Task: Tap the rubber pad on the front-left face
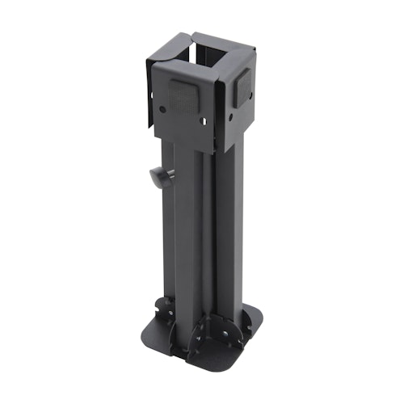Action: coord(187,97)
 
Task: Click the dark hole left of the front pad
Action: coord(164,107)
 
